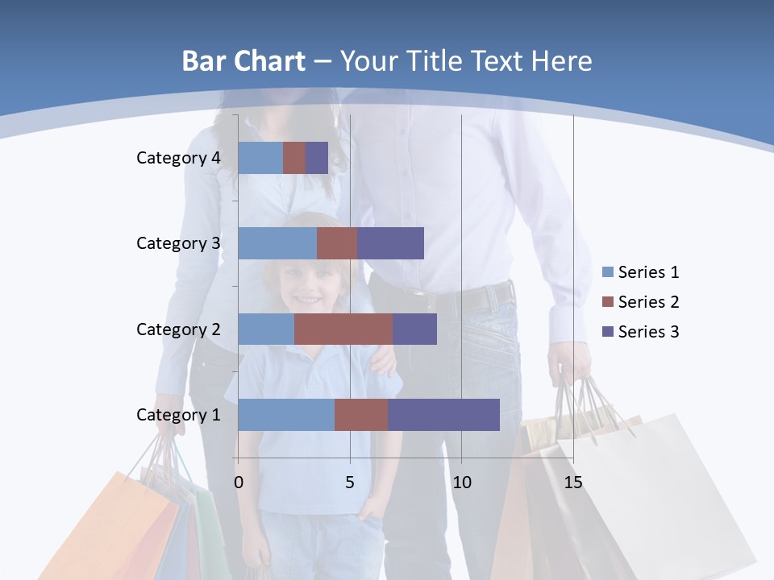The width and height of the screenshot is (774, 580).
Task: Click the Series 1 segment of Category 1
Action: click(286, 415)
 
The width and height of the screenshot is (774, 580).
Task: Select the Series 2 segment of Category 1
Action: click(361, 415)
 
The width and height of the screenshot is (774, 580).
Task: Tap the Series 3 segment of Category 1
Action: click(443, 415)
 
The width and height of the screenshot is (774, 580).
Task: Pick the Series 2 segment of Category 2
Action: click(343, 329)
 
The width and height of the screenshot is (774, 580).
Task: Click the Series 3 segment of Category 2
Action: click(414, 329)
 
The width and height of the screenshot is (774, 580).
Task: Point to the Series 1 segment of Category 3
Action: click(277, 243)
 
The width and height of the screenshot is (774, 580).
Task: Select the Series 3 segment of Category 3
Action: click(390, 243)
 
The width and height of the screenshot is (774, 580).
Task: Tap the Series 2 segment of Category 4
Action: click(294, 158)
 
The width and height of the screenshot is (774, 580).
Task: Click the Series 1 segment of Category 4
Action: click(260, 158)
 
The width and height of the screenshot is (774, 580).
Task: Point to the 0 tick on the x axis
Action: click(239, 483)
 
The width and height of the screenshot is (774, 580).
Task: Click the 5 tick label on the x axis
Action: click(350, 483)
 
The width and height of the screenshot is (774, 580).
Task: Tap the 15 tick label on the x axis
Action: click(573, 483)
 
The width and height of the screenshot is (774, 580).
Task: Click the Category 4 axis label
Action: click(178, 158)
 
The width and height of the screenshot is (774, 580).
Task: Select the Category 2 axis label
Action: click(178, 329)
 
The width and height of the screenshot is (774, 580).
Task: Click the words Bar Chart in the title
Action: click(243, 60)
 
